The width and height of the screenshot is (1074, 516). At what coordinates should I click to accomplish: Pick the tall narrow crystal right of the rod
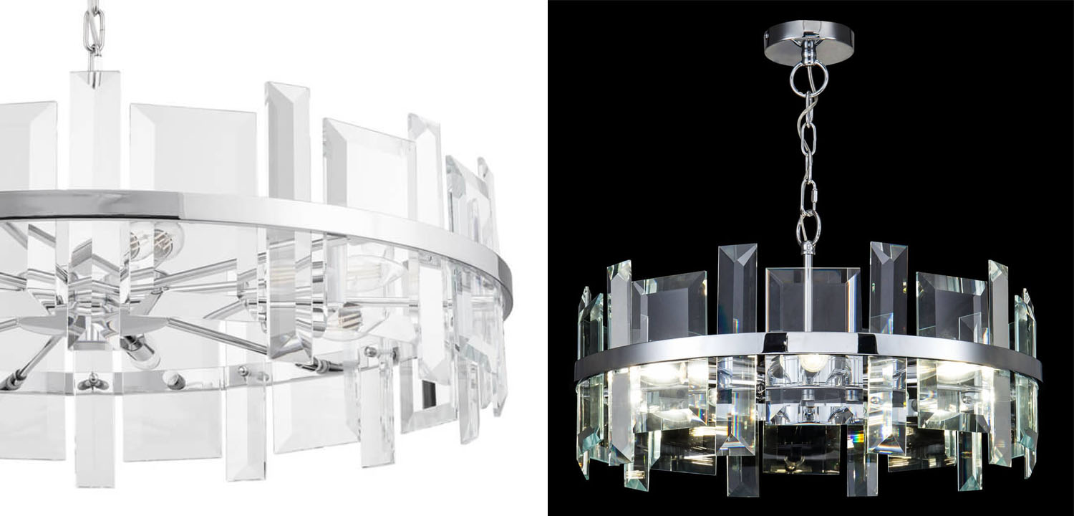(x=888, y=287)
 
